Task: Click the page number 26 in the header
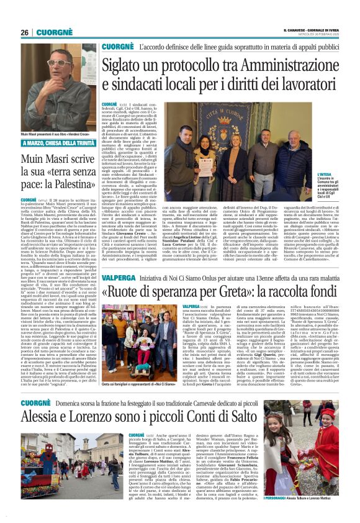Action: pos(24,32)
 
